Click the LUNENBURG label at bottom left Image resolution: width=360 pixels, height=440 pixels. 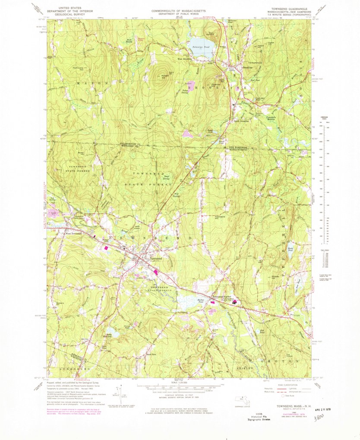pyautogui.click(x=65, y=370)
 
